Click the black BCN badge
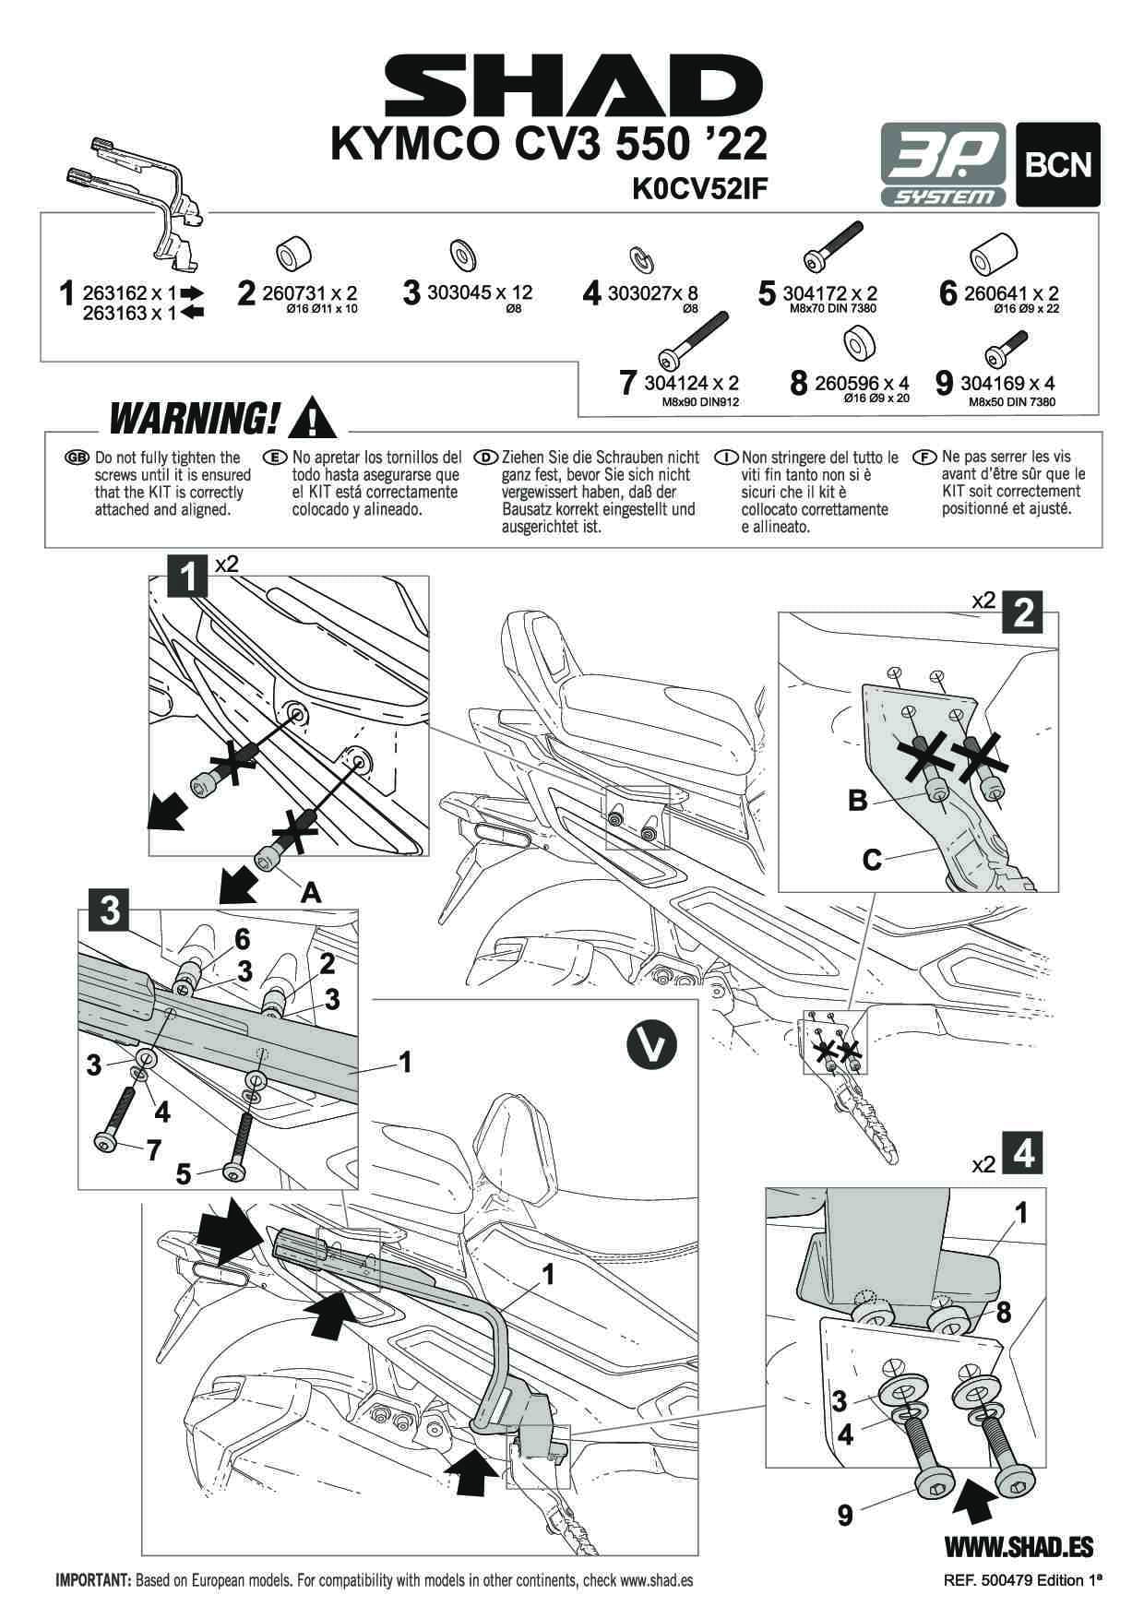[x=1057, y=164]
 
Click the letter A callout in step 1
[x=312, y=891]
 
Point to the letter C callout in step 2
[x=872, y=860]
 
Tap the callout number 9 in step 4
[x=844, y=1515]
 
